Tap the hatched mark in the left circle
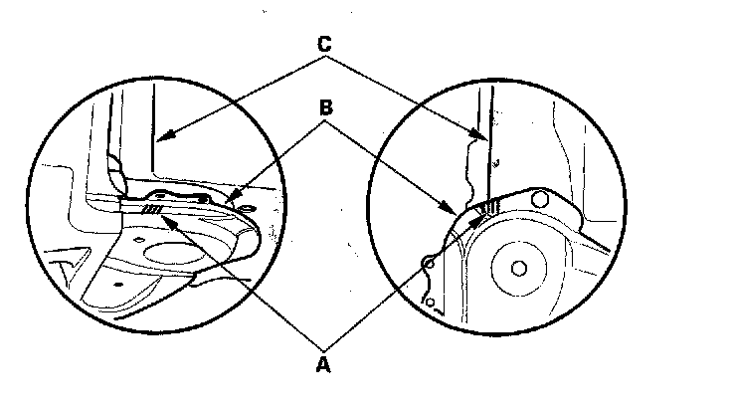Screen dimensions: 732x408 pos(151,210)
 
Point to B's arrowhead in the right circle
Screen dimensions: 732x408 pos(457,209)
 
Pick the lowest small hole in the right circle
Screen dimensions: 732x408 pos(430,301)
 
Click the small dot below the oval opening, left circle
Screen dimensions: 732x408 pos(117,282)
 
